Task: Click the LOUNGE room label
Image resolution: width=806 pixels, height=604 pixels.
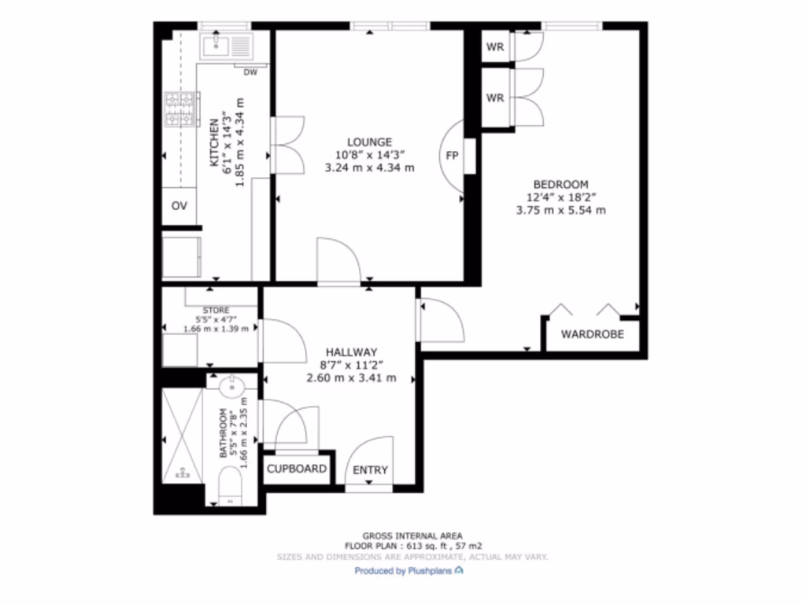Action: point(369,142)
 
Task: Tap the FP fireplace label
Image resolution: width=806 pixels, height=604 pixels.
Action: point(452,155)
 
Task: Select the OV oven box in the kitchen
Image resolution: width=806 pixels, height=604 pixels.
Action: point(179,206)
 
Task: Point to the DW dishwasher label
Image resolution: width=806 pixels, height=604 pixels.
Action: point(250,73)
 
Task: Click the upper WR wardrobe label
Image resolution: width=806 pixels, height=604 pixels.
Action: point(494,46)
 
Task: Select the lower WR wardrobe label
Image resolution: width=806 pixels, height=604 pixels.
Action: point(494,98)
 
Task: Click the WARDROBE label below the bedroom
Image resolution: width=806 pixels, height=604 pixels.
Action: point(592,334)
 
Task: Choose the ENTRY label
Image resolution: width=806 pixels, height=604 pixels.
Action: point(370,470)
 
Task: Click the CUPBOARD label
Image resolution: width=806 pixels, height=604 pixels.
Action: point(297,470)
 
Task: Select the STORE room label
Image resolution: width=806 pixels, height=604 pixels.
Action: point(216,311)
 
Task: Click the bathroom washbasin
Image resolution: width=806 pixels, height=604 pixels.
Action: point(231,385)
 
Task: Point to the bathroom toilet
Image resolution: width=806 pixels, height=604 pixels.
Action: point(229,484)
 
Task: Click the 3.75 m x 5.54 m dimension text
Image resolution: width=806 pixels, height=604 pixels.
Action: point(560,210)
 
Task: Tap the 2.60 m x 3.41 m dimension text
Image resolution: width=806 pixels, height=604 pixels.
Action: point(351,378)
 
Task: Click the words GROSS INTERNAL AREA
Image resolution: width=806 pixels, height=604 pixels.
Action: point(412,534)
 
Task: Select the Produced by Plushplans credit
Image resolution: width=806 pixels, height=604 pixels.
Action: point(409,571)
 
